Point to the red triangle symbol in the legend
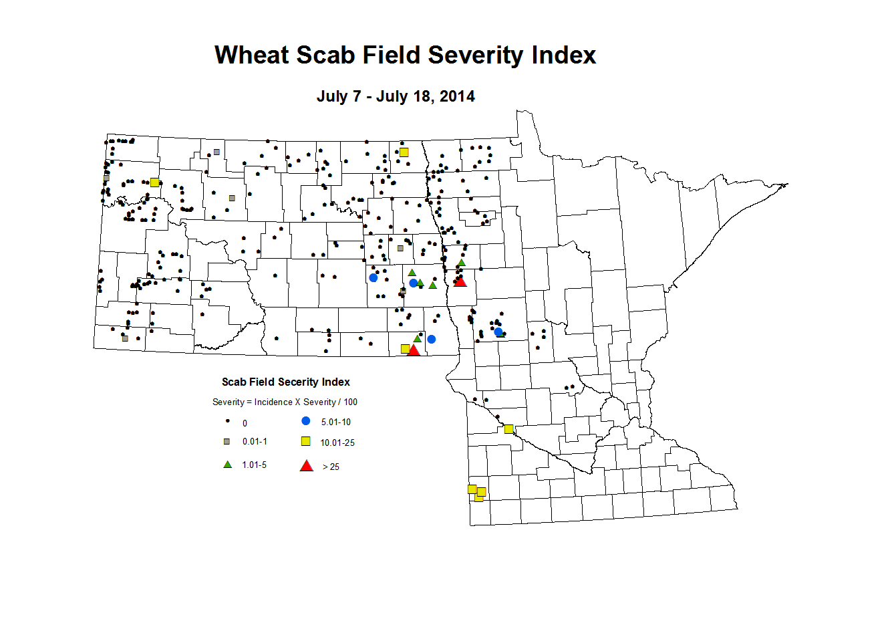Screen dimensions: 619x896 [x=307, y=466]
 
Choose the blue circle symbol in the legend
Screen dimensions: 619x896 [x=306, y=421]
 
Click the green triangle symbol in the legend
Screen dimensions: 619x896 [x=228, y=465]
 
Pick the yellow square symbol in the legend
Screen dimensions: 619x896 [x=306, y=441]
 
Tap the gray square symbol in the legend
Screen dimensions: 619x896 [x=227, y=442]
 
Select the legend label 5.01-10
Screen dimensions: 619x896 [x=335, y=422]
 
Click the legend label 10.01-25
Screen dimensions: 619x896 [x=337, y=443]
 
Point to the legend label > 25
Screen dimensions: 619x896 [x=331, y=467]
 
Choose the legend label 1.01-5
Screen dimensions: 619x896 [x=254, y=465]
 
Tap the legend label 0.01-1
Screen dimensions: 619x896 [x=255, y=442]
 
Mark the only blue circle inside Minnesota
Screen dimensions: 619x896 [x=498, y=332]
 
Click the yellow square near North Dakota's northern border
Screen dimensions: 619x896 [x=404, y=152]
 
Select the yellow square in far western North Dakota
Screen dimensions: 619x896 [x=155, y=182]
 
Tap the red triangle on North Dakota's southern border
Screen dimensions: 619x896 [x=414, y=350]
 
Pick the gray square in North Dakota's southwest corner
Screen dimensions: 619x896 [x=125, y=338]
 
